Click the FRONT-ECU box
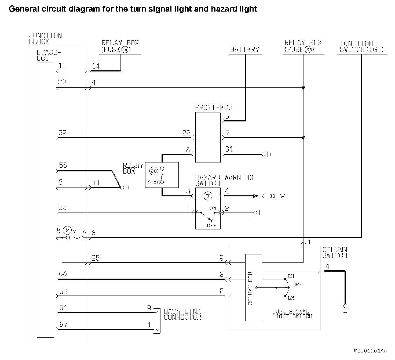(208, 138)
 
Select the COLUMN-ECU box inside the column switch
(253, 288)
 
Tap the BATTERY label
(245, 50)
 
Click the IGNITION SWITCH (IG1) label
(361, 47)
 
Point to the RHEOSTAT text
(274, 196)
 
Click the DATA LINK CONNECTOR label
(182, 314)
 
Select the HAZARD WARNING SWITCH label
(224, 181)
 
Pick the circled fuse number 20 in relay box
(153, 171)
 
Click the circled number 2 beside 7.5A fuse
(67, 231)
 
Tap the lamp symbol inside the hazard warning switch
(207, 196)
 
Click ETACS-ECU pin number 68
(63, 274)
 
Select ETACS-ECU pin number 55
(62, 207)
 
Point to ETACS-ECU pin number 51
(63, 308)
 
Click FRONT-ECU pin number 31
(229, 149)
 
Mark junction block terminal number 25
(96, 258)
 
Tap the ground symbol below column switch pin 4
(345, 308)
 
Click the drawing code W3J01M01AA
(370, 351)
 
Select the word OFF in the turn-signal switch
(297, 285)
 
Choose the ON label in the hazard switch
(213, 208)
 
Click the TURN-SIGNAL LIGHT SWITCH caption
(292, 314)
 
